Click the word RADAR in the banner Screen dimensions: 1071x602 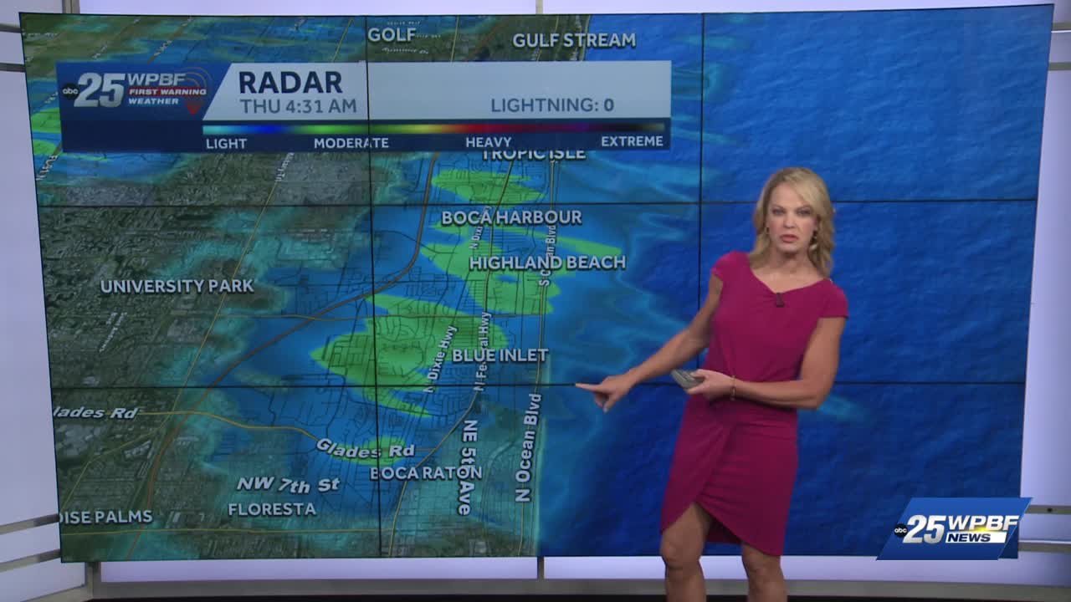(x=290, y=82)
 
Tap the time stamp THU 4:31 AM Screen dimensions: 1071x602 (x=298, y=106)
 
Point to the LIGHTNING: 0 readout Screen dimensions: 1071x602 (x=551, y=105)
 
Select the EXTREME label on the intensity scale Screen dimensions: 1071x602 (x=632, y=141)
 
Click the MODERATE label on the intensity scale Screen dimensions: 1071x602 (x=351, y=143)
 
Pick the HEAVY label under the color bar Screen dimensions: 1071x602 (x=488, y=142)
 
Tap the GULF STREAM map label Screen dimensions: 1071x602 (x=573, y=40)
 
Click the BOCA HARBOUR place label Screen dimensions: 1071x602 (x=511, y=217)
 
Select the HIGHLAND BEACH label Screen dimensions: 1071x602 (x=547, y=263)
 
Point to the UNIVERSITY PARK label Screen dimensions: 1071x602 (x=177, y=286)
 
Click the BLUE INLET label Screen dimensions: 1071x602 (x=500, y=355)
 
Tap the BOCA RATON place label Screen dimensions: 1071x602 (x=426, y=472)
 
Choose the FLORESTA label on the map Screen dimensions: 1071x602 (x=272, y=508)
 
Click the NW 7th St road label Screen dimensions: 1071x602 (x=288, y=484)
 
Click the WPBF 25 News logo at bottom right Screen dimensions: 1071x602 (x=954, y=528)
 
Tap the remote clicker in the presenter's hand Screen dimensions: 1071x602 (x=685, y=378)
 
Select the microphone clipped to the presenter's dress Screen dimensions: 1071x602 (x=778, y=298)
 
